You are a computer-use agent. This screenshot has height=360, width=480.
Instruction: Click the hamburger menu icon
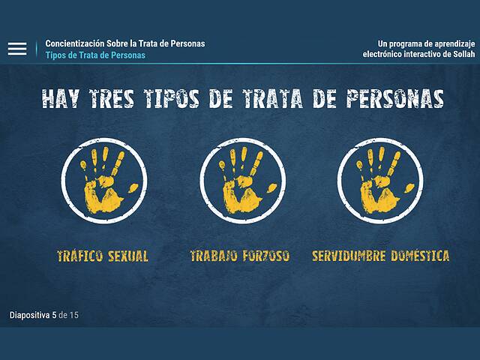[17, 49]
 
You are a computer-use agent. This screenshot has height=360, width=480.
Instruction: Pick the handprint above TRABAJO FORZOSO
[242, 182]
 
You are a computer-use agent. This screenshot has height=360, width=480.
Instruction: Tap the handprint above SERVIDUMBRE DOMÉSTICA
[381, 182]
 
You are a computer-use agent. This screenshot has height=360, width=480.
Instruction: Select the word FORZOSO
[265, 256]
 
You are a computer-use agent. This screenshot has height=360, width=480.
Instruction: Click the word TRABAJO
[214, 256]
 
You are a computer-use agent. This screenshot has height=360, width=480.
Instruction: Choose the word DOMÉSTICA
[419, 256]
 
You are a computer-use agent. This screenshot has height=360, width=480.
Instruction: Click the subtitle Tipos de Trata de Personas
[95, 55]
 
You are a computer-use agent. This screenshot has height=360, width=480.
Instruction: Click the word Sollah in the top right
[460, 55]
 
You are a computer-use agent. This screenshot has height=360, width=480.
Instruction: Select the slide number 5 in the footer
[54, 315]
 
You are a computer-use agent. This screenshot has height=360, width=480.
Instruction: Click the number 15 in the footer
[73, 315]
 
